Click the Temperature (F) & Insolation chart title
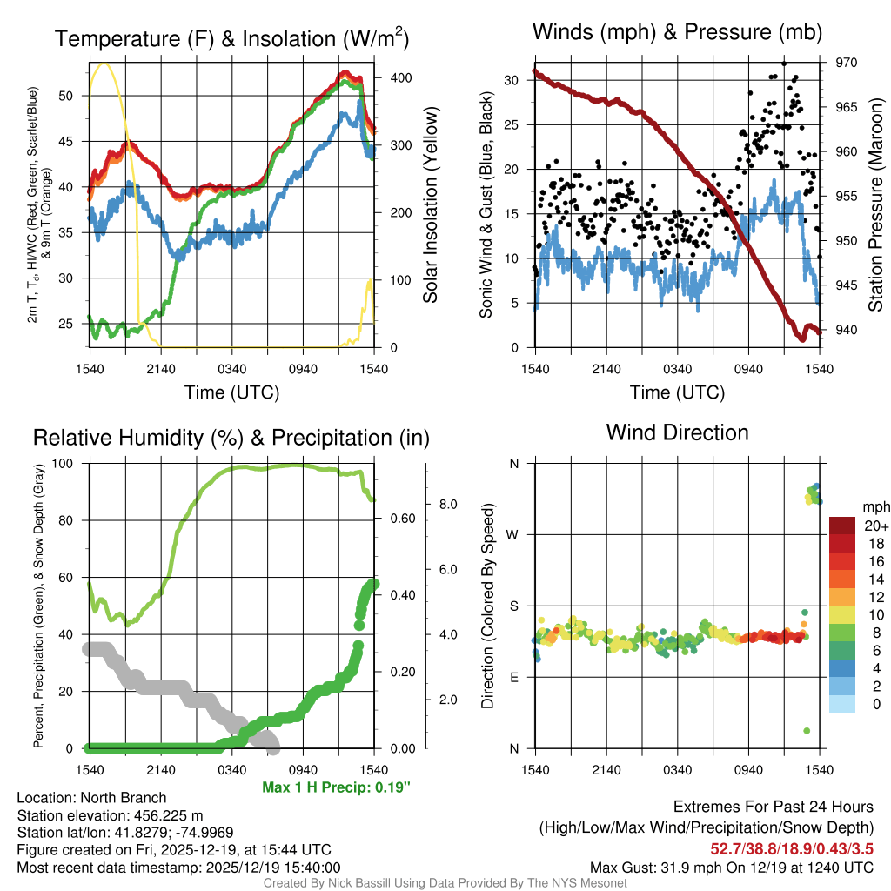pyautogui.click(x=231, y=38)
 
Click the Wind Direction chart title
pyautogui.click(x=677, y=432)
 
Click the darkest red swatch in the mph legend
pyautogui.click(x=843, y=526)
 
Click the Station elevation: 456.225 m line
pyautogui.click(x=110, y=815)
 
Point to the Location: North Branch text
pyautogui.click(x=91, y=798)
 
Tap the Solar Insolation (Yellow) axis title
pyautogui.click(x=431, y=205)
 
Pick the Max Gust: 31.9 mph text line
pyautogui.click(x=731, y=867)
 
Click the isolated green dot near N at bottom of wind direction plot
pyautogui.click(x=807, y=730)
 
